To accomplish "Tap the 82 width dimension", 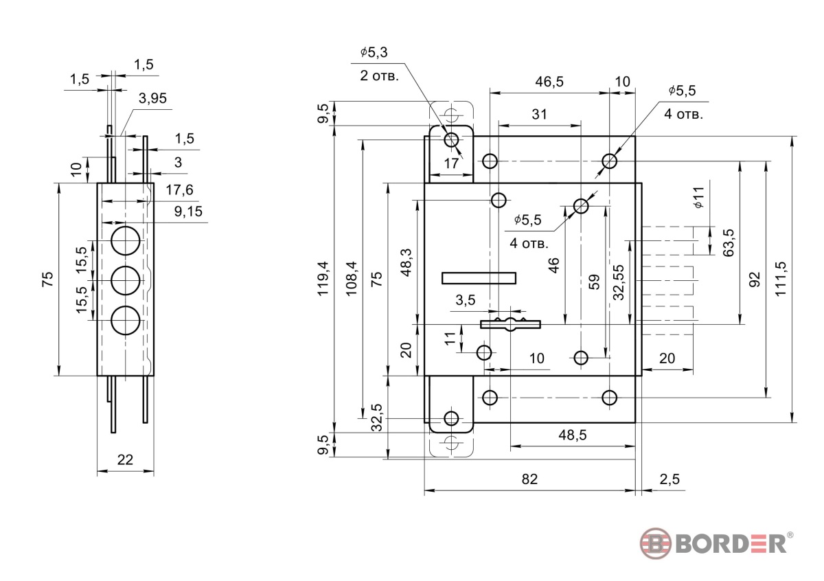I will [x=529, y=479].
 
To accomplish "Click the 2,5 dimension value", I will [x=669, y=479].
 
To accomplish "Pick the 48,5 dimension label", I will [x=572, y=435].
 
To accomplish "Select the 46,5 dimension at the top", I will [x=549, y=82].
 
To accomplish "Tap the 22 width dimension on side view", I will [x=124, y=460].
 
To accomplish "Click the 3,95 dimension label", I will [x=152, y=98].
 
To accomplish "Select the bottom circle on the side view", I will [x=125, y=321].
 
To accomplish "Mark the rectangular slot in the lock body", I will [x=479, y=277].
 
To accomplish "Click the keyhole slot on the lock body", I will [x=510, y=323].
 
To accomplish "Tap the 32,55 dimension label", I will [x=619, y=282].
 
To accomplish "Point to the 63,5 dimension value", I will [x=729, y=242].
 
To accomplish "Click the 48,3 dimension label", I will [x=406, y=262].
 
